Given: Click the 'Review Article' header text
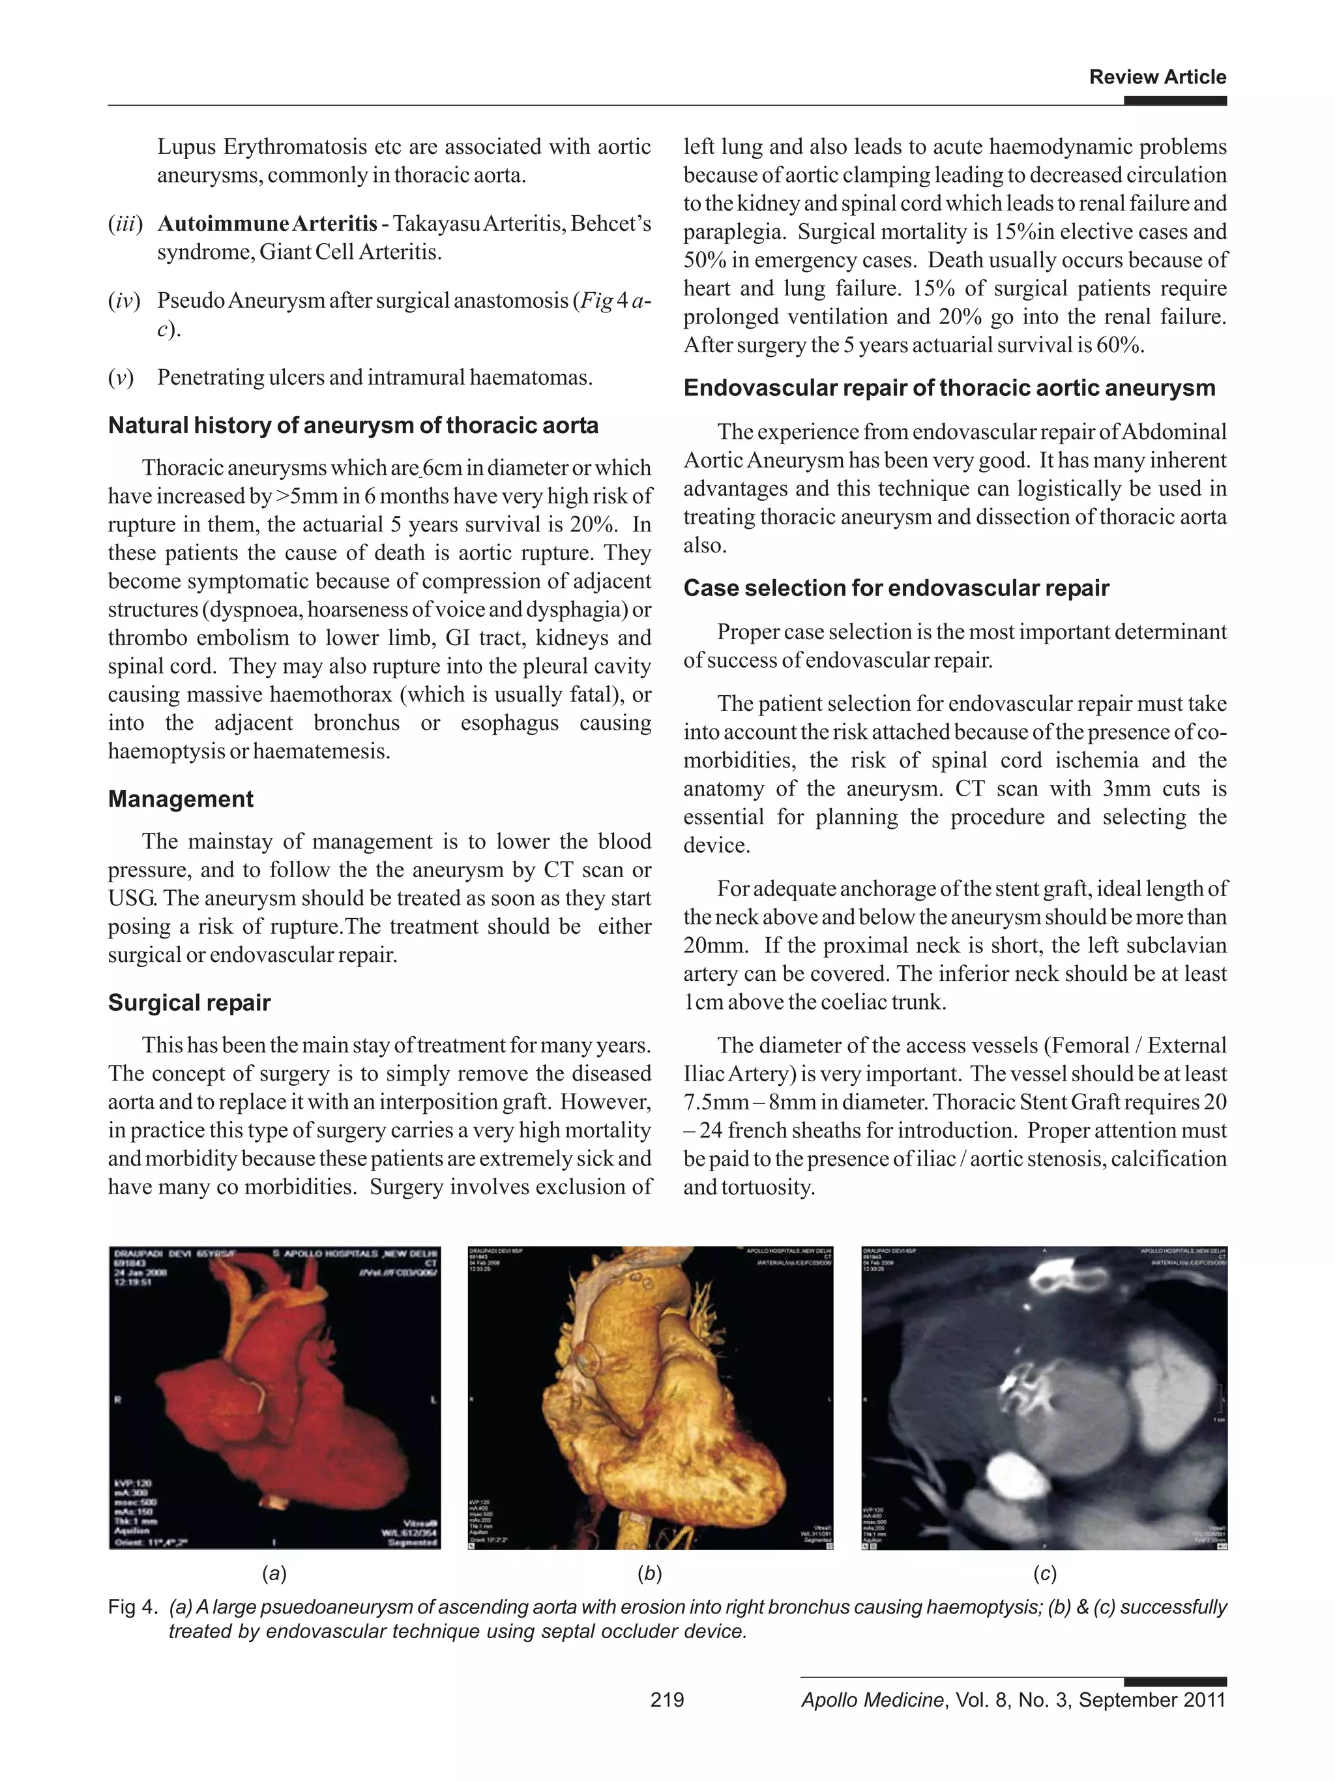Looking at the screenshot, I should click(1156, 78).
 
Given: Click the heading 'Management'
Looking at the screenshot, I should click(181, 799).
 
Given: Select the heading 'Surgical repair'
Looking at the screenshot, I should click(189, 1002).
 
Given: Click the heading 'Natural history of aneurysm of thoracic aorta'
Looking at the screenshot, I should click(353, 425).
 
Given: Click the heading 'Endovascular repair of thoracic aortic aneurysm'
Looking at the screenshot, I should click(948, 388).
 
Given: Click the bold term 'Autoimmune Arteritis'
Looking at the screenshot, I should click(267, 223).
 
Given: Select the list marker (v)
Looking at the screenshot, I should click(121, 377).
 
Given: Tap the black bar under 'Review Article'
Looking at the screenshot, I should click(1174, 100).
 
